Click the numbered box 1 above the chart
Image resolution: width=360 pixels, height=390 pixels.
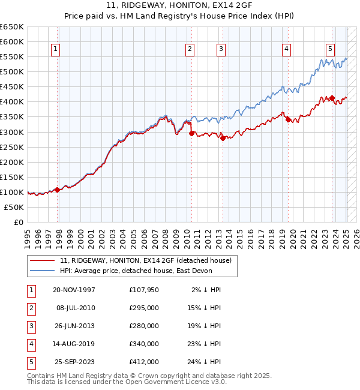(55, 49)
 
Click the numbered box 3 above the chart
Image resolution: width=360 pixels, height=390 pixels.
(221, 49)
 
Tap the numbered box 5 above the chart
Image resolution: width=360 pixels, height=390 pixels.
(331, 49)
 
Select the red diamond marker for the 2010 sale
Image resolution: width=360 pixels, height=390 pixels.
(191, 133)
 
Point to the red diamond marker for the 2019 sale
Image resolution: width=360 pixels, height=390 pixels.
(287, 119)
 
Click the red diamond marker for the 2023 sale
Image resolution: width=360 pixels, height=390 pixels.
(332, 98)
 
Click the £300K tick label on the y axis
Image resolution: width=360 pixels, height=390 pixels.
(11, 132)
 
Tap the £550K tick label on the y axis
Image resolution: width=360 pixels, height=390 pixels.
(11, 57)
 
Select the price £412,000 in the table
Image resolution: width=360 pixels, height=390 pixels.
(144, 362)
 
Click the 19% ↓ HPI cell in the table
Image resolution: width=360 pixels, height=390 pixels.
(203, 326)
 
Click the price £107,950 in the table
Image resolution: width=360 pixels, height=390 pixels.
(144, 290)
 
